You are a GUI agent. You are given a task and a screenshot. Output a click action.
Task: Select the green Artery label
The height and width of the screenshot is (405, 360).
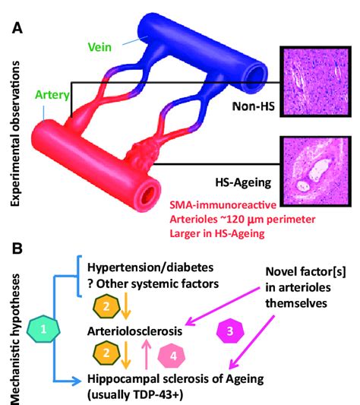coord(50,97)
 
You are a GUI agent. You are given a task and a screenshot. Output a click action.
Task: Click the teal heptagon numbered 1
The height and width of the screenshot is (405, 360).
coord(45,327)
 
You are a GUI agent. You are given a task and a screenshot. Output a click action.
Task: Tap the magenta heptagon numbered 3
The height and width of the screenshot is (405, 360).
coord(232,329)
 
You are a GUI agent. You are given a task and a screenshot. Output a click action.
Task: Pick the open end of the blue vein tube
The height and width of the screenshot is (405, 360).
coord(258,73)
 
